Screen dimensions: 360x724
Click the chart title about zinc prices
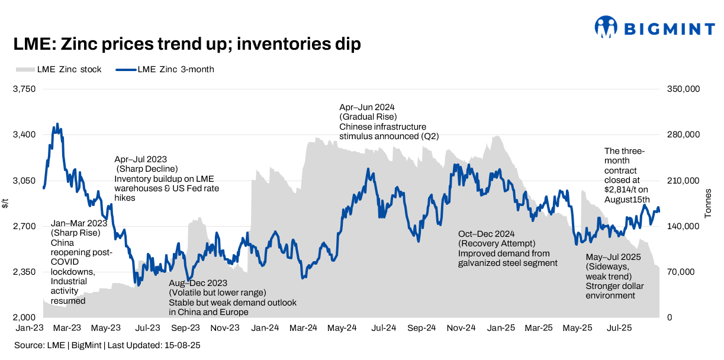click(187, 44)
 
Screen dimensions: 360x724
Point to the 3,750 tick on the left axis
click(25, 89)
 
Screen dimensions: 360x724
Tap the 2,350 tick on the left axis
click(25, 272)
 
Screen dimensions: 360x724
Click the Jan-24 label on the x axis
click(265, 327)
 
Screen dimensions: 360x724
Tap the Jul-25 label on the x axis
click(619, 327)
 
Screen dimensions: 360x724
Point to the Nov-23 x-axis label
click(226, 327)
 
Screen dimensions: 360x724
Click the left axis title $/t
click(6, 204)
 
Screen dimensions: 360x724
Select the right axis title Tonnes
click(709, 204)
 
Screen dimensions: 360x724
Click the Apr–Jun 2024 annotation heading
click(367, 107)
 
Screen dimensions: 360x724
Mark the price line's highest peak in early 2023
click(57, 124)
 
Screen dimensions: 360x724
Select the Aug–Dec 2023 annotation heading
click(198, 283)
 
